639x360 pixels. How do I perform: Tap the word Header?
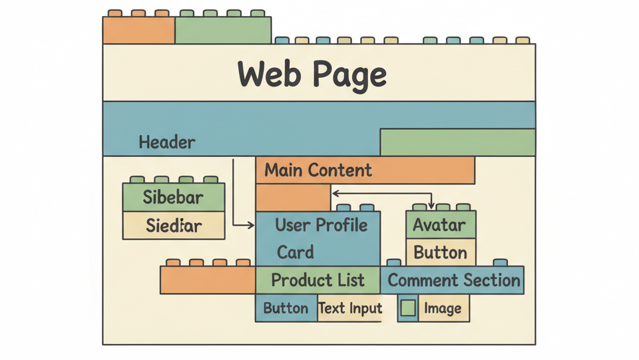167,142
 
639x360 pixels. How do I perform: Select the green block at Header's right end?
457,142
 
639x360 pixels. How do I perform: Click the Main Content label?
318,170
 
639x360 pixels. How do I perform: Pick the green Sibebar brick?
174,198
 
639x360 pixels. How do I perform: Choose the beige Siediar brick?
174,226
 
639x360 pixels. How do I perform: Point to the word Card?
296,253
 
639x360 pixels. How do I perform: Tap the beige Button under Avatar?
440,253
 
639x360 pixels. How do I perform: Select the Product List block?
318,280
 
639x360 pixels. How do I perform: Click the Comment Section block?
453,280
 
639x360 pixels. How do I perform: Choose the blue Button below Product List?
286,309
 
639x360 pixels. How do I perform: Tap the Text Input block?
350,309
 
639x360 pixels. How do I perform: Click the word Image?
443,309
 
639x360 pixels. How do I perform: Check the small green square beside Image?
407,308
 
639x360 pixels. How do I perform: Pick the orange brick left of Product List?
207,279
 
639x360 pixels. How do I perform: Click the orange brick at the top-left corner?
138,31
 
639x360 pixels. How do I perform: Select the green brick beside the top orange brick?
223,31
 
